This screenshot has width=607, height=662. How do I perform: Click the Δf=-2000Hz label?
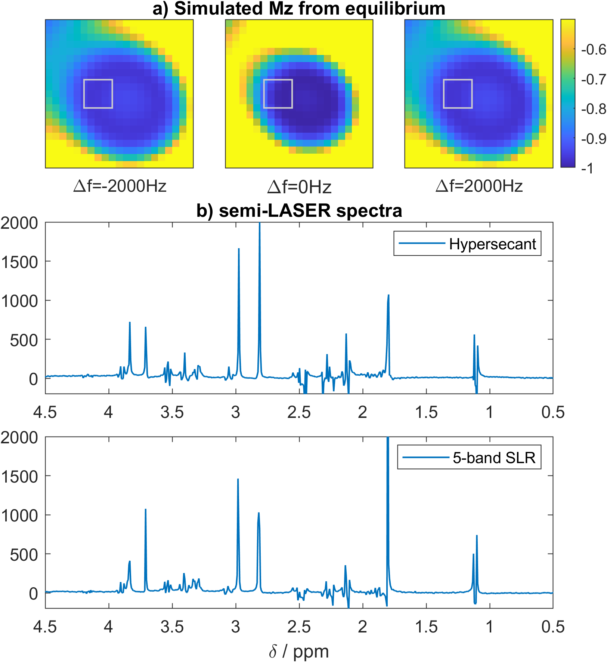120,186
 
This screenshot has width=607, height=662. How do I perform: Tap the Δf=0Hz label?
299,187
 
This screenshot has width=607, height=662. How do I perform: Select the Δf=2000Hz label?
479,186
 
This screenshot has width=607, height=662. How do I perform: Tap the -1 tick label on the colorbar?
587,169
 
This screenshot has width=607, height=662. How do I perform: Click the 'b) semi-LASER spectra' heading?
299,211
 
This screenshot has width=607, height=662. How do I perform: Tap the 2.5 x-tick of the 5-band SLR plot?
299,626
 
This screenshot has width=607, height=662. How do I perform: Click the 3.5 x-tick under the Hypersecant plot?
172,412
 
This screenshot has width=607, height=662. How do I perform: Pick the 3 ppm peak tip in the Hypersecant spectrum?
239,249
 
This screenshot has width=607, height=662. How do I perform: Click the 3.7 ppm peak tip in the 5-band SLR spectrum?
145,509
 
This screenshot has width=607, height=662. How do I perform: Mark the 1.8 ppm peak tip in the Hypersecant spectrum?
388,295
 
